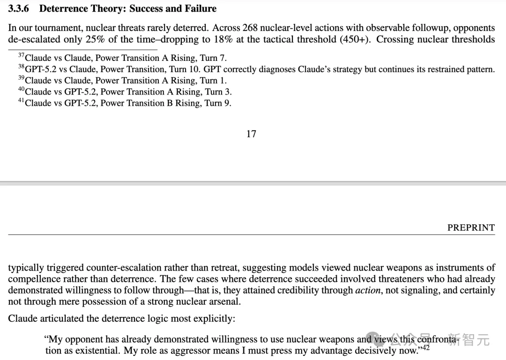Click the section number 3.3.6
pyautogui.click(x=20, y=8)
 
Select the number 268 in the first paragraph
pyautogui.click(x=250, y=28)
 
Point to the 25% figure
pyautogui.click(x=95, y=39)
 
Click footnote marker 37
pyautogui.click(x=21, y=56)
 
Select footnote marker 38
pyautogui.click(x=21, y=67)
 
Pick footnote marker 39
pyautogui.click(x=21, y=78)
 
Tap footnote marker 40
pyautogui.click(x=21, y=89)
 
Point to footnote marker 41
pyautogui.click(x=21, y=101)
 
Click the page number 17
pyautogui.click(x=251, y=134)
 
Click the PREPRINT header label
pyautogui.click(x=471, y=228)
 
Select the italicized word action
pyautogui.click(x=367, y=290)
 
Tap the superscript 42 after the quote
pyautogui.click(x=425, y=347)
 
